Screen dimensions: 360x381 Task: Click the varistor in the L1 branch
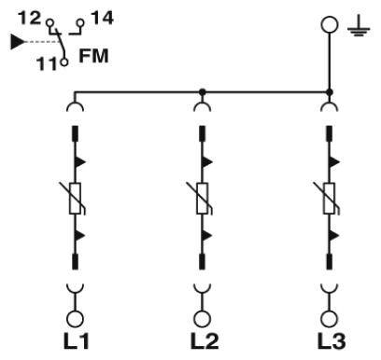click(x=75, y=197)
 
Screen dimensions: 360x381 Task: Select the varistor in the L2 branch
click(x=202, y=197)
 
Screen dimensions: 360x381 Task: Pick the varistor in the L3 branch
click(x=329, y=197)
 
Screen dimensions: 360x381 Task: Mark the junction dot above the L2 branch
click(x=202, y=92)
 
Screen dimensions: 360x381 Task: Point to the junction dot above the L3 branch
click(x=329, y=92)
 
